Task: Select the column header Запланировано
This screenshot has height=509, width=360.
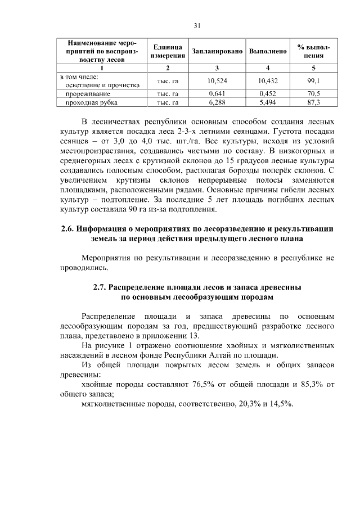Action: point(217,52)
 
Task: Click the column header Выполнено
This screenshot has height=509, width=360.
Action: point(268,52)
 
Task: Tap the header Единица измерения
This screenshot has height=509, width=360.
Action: point(168,52)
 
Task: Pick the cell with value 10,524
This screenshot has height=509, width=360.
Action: point(217,81)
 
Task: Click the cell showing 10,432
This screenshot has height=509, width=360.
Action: point(268,81)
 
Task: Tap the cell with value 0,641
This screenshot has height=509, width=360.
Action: point(217,94)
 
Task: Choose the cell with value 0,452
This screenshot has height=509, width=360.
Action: point(268,94)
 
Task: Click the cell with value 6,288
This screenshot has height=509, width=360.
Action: point(217,102)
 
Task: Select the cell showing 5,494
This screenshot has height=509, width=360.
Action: point(268,102)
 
